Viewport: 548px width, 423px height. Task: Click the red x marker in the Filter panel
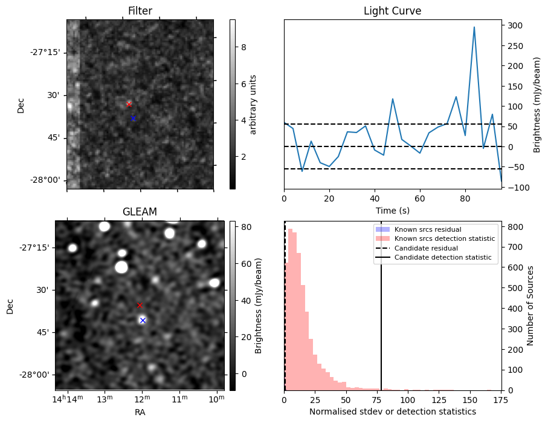(129, 105)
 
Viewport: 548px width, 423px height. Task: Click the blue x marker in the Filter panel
(133, 118)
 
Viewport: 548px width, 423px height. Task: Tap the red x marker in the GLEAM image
(140, 305)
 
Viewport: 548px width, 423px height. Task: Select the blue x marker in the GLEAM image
(143, 320)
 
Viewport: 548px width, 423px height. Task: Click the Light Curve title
(392, 11)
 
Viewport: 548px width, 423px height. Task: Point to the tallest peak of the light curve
(474, 27)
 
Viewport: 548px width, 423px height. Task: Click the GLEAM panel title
(140, 212)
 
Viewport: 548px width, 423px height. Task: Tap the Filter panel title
(140, 11)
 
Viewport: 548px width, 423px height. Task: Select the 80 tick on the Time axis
(465, 198)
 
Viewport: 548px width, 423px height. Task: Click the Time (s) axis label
(392, 209)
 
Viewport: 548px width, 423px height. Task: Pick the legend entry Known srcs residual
(427, 229)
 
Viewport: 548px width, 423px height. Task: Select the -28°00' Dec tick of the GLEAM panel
(35, 375)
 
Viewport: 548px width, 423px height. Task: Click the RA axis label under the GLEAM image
(140, 412)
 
